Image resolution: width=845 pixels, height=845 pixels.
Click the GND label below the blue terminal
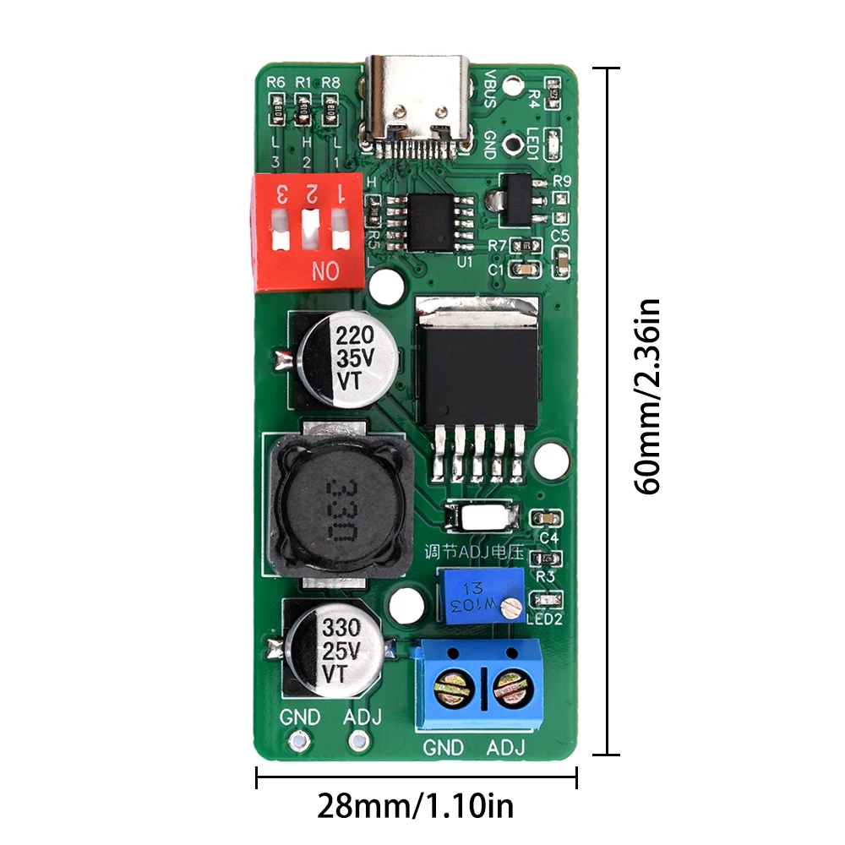[x=444, y=748]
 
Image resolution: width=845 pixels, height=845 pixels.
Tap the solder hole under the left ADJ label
[x=358, y=742]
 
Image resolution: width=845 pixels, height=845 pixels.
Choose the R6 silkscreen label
[x=276, y=83]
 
